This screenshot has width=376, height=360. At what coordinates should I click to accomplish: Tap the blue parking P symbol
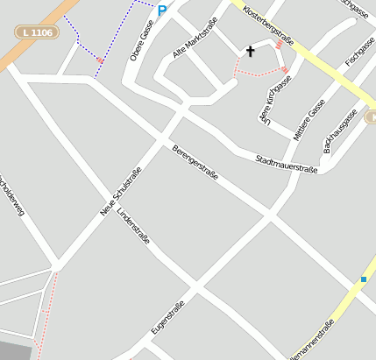click(162, 10)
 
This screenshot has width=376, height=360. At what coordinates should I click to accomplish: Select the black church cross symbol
click(250, 52)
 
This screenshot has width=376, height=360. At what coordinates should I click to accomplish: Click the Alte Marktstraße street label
click(194, 42)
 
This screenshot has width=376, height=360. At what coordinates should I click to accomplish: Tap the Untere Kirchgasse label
click(273, 97)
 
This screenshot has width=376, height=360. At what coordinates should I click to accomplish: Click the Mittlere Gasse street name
click(309, 119)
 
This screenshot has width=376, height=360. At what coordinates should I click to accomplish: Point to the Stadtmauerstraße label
click(286, 163)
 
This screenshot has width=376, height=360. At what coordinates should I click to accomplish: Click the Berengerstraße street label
click(195, 163)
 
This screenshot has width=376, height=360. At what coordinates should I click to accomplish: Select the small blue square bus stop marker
click(364, 279)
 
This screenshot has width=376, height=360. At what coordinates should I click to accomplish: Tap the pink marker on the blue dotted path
click(100, 60)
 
